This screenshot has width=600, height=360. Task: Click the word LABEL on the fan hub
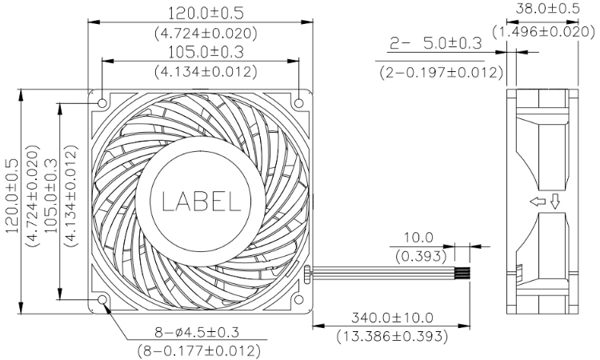click(202, 202)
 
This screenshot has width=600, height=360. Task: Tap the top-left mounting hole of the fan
click(102, 103)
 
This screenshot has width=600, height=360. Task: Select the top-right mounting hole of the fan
click(299, 103)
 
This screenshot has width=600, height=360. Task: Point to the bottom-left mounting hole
click(102, 299)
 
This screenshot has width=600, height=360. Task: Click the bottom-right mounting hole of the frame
click(299, 299)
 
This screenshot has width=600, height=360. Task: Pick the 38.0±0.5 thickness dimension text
click(547, 9)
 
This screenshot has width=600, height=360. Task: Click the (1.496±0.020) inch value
click(543, 32)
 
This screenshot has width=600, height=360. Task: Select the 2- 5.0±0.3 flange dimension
click(435, 44)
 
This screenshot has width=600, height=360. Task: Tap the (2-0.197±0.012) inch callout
click(441, 72)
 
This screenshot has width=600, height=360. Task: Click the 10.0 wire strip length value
click(418, 238)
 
